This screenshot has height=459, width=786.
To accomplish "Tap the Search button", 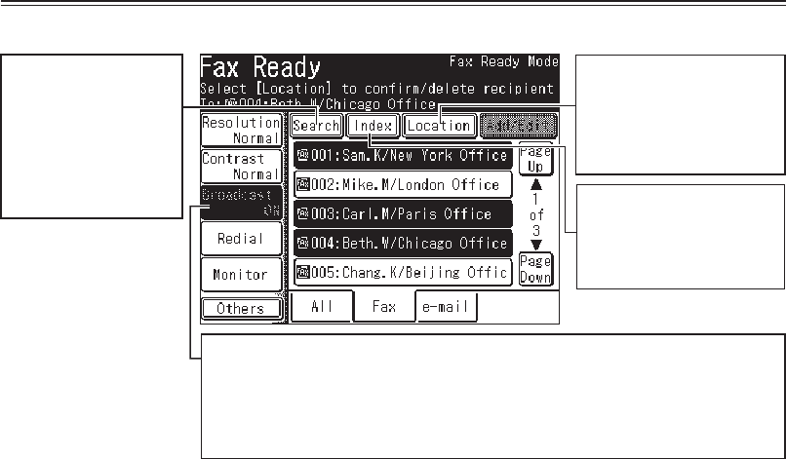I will pos(316,126).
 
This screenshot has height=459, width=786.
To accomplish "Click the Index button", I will pos(373,126).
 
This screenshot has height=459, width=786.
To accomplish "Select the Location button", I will pos(439,126).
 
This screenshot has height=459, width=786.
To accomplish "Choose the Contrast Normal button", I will pos(241,166).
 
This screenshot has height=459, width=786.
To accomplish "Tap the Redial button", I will pos(240,239).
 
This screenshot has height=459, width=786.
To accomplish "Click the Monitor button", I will pos(240,275).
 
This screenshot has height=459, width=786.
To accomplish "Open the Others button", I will pos(240,308).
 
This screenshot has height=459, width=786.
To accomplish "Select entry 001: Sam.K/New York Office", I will pos(402,155).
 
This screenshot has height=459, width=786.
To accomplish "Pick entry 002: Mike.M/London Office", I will pos(402,185).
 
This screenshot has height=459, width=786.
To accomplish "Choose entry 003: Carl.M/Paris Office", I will pos(402,214).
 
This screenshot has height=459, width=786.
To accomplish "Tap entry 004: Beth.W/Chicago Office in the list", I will pos(402,244).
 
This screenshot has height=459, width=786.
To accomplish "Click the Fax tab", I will pos(384,307).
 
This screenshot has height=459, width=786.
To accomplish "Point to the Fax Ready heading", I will pos(260,67).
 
